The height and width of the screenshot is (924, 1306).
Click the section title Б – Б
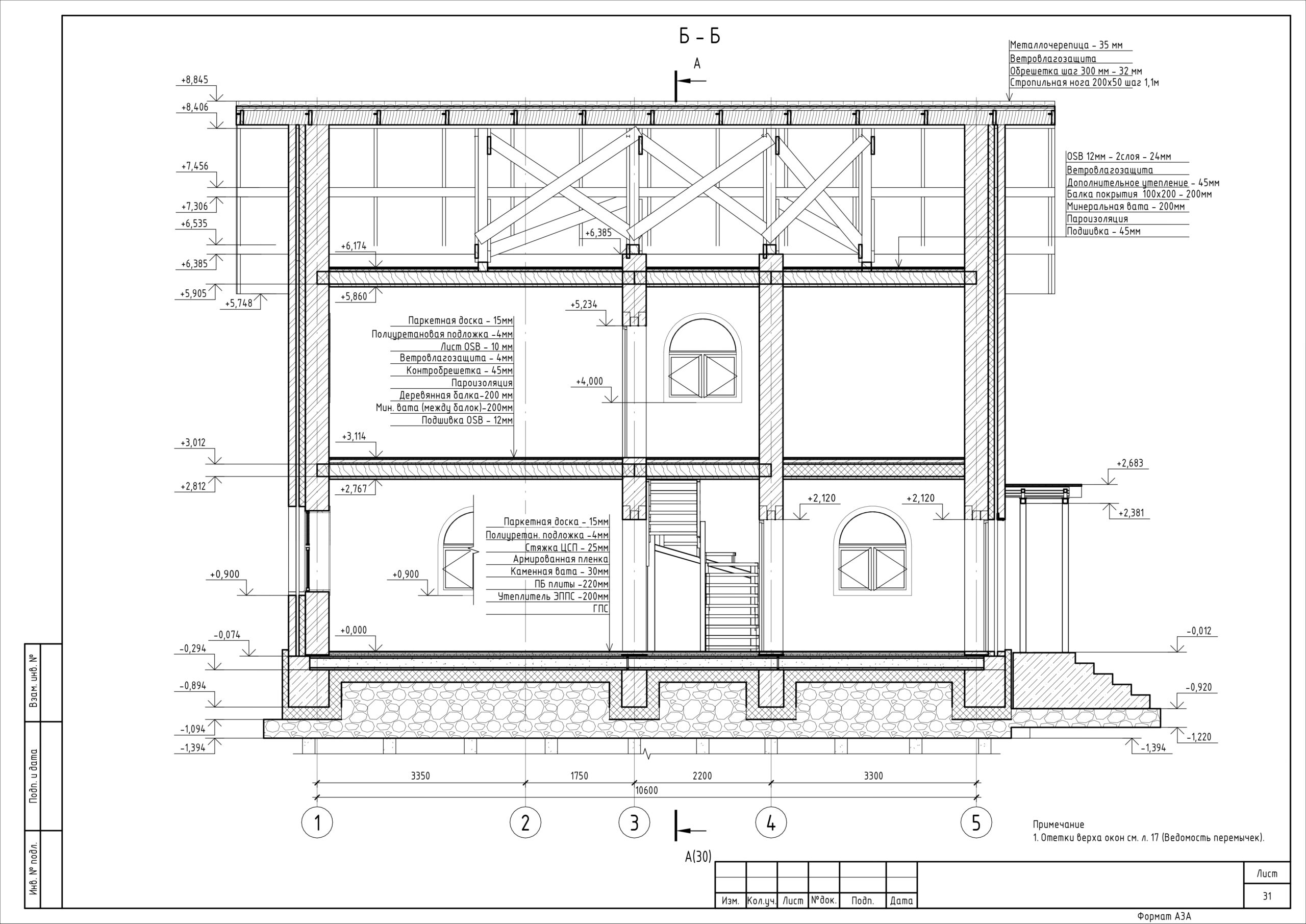(x=699, y=36)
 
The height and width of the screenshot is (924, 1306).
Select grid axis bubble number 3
(x=634, y=823)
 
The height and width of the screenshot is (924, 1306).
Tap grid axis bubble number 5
(x=976, y=823)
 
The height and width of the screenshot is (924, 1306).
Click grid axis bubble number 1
(x=316, y=823)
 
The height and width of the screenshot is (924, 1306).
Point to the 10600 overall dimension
(x=646, y=790)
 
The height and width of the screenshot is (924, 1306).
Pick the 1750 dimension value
(x=579, y=776)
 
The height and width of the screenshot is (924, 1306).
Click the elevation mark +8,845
(x=194, y=80)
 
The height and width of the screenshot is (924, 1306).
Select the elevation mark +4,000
(x=589, y=381)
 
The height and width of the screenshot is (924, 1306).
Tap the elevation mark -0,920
(x=1198, y=687)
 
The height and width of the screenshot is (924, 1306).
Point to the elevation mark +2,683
(x=1129, y=463)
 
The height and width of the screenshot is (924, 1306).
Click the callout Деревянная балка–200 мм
(x=456, y=395)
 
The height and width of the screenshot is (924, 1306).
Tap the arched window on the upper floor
(x=702, y=361)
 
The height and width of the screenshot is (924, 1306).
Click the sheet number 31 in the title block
(x=1267, y=896)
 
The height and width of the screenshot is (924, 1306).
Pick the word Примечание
(x=1059, y=825)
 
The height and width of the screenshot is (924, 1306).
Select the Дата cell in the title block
(x=901, y=901)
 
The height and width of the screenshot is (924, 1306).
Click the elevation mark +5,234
(x=584, y=305)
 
